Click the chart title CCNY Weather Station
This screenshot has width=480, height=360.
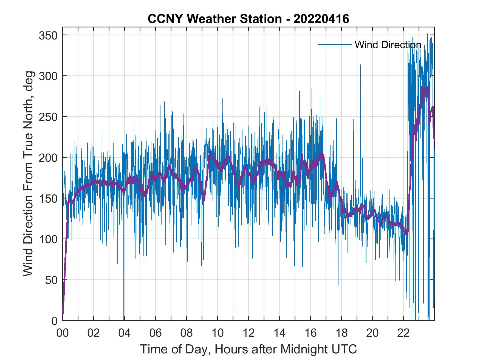(x=248, y=19)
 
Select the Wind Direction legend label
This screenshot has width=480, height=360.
(x=388, y=45)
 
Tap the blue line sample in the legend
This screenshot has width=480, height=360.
(x=335, y=44)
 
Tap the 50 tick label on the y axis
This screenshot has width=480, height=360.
(x=52, y=280)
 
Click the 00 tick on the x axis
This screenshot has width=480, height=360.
(x=63, y=333)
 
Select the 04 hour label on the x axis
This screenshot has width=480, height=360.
(x=125, y=333)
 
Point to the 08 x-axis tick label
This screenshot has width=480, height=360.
(x=187, y=333)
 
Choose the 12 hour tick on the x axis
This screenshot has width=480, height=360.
(x=249, y=333)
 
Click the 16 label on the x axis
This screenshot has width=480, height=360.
(x=310, y=333)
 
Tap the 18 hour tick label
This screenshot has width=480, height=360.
(x=341, y=333)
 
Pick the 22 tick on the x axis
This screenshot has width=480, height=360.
(x=403, y=333)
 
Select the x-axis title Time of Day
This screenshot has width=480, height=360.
(x=249, y=349)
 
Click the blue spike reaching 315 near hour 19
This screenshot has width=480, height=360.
(x=360, y=66)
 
